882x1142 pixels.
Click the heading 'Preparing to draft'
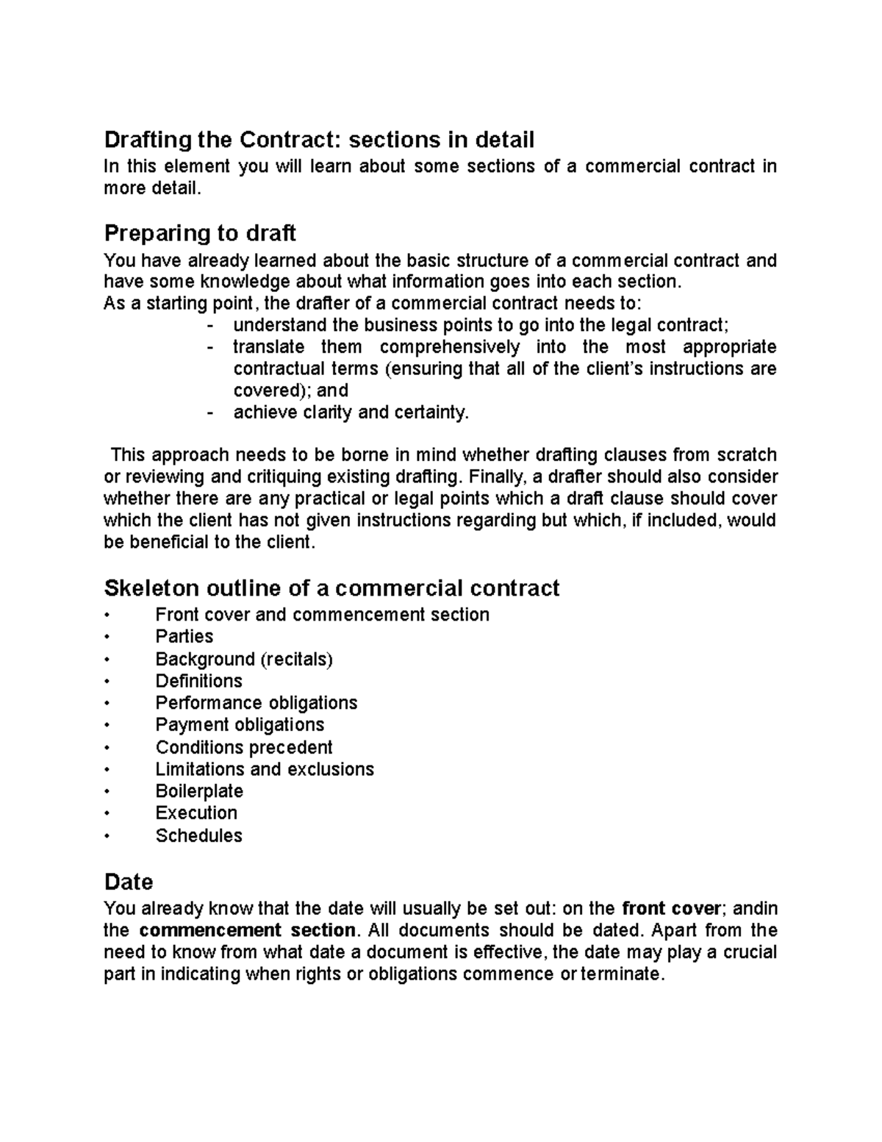pos(199,233)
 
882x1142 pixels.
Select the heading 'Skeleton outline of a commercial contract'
pos(331,588)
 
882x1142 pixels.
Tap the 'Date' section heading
pos(129,882)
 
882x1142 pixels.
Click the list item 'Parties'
pos(184,637)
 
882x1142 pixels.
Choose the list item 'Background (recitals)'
pos(244,659)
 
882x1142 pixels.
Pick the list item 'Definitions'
pos(198,681)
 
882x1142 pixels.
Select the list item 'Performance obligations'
pos(256,703)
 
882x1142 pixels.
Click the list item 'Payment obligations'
pos(240,725)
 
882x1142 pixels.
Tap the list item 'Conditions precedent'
pos(244,747)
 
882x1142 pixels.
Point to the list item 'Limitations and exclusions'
pos(265,769)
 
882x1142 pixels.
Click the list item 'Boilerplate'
pos(199,791)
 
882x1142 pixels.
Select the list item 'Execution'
pos(196,813)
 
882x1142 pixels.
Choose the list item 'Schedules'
pos(198,835)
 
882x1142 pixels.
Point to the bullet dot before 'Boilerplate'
pos(107,792)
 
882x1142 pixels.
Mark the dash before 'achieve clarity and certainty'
pos(212,413)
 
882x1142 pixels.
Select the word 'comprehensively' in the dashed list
pos(449,347)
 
